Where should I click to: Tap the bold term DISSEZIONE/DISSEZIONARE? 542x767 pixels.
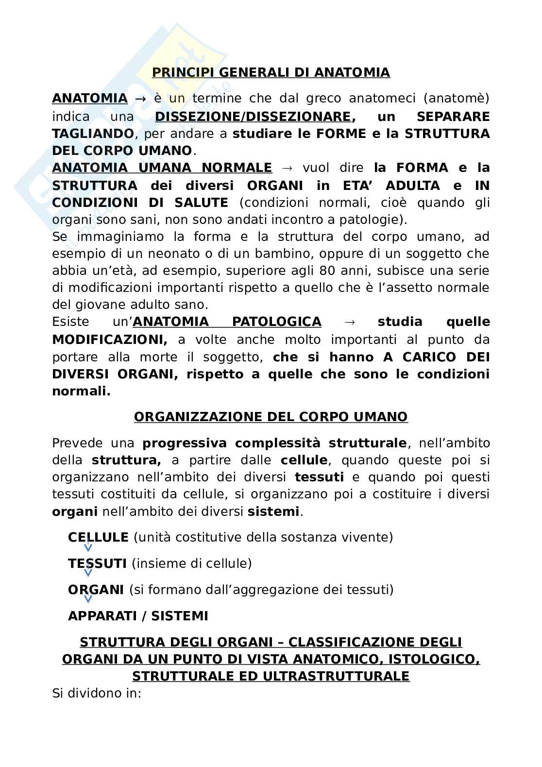253,117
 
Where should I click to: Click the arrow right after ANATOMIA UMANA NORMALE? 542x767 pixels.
287,168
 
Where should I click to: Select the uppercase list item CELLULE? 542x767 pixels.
98,537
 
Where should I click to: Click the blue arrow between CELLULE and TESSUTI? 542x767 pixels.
88,548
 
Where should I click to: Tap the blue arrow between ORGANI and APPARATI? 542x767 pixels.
88,599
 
